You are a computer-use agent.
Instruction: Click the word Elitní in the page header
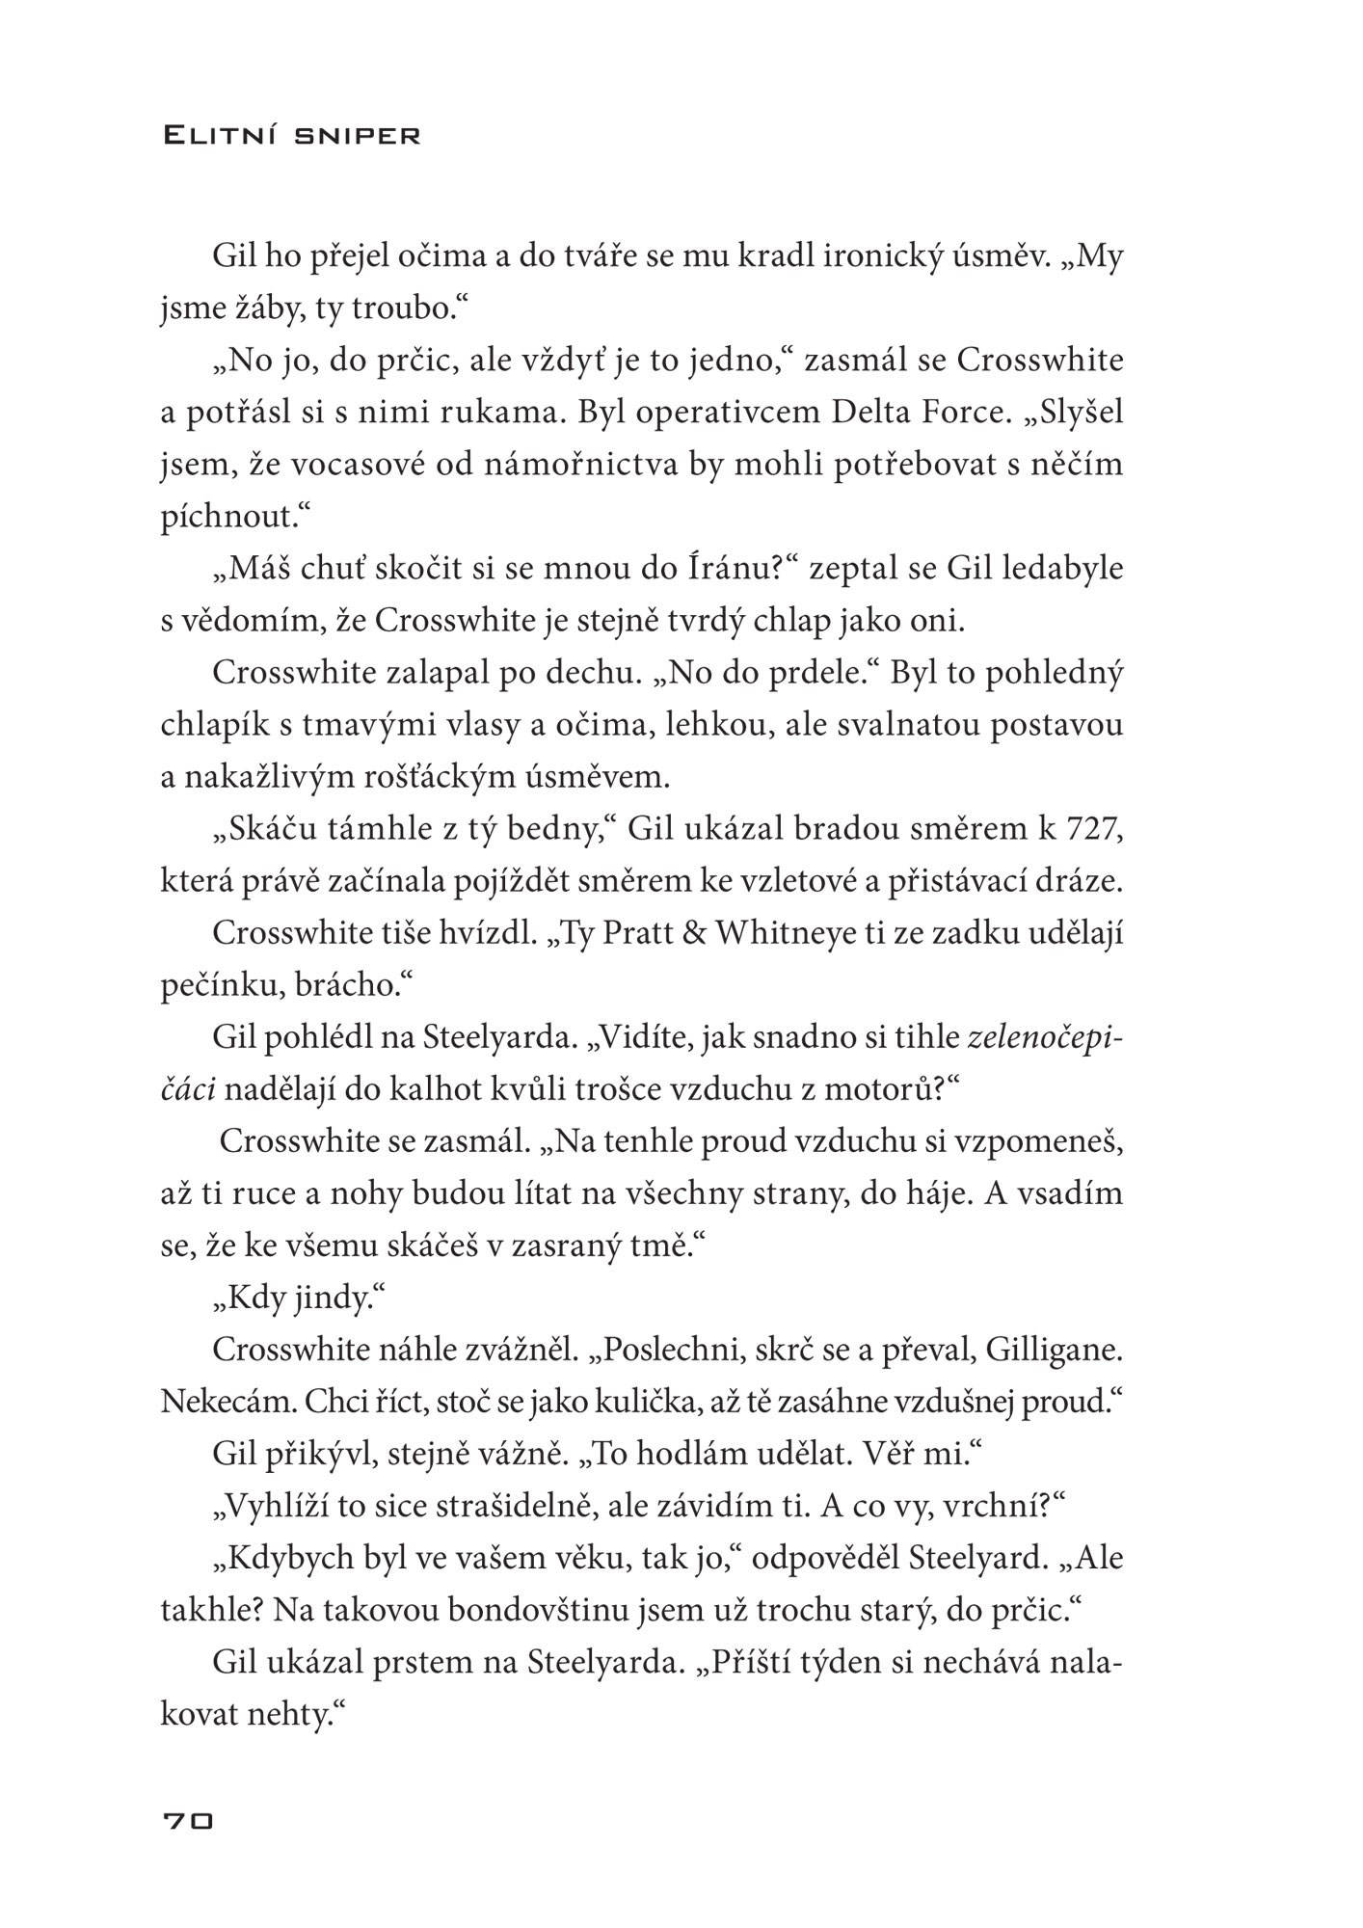pos(222,136)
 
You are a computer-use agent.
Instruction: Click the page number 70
pos(188,1821)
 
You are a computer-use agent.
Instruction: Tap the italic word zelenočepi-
pos(1045,1037)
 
